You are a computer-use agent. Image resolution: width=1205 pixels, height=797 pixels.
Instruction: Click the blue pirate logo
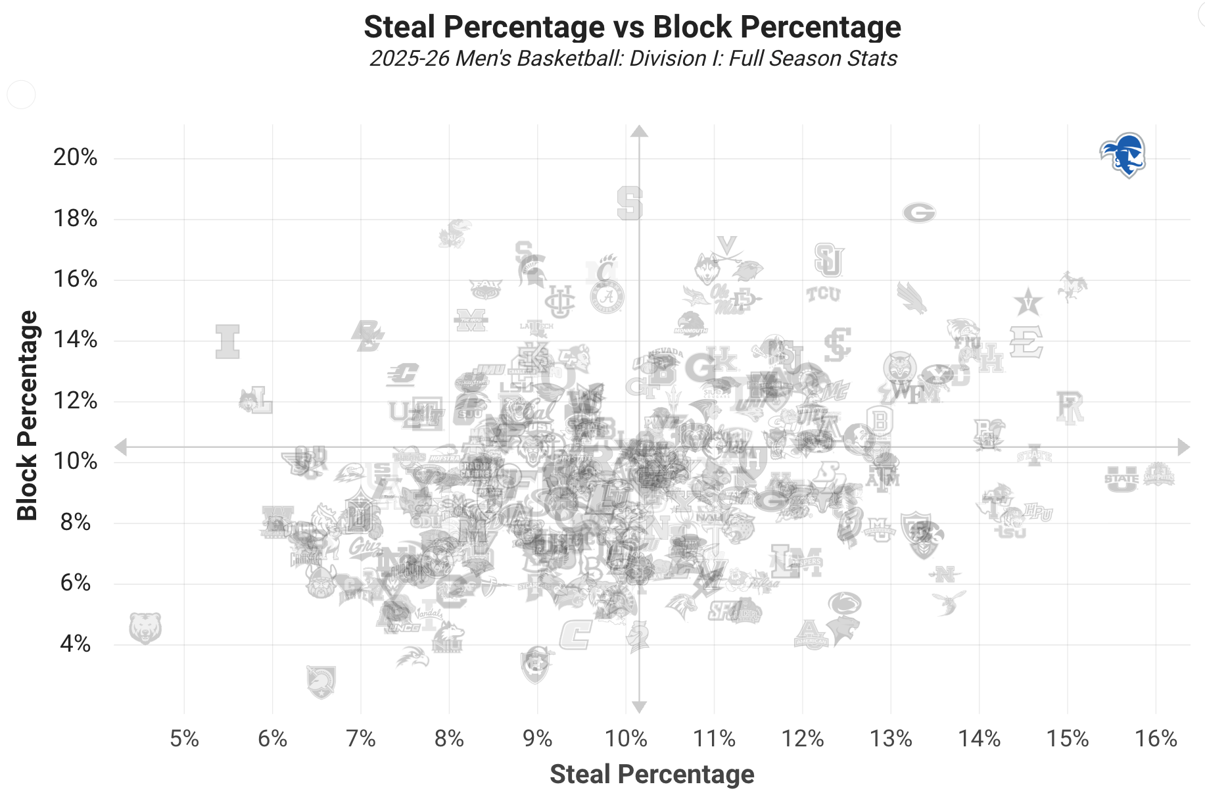point(1123,155)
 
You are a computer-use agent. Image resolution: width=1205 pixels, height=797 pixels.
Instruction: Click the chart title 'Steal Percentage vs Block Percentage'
point(632,27)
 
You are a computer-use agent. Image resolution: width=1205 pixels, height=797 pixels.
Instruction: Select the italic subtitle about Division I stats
point(633,59)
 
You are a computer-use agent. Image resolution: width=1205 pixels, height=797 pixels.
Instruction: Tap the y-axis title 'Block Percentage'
point(28,416)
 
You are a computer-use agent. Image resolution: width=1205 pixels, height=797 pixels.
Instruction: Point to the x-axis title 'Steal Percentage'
point(651,774)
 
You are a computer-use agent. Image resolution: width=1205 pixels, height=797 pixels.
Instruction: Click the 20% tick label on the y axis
point(76,157)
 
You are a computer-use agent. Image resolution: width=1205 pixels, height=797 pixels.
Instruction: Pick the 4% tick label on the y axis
point(76,643)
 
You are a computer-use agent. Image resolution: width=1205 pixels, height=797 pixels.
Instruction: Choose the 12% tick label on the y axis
point(76,400)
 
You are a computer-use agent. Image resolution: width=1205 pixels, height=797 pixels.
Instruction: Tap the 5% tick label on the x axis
point(184,738)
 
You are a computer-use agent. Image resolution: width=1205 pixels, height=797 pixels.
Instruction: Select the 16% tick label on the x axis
point(1156,738)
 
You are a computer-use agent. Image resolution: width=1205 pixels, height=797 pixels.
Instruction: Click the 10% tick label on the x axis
point(626,738)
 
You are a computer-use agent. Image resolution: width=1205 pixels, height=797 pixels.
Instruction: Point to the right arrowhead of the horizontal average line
point(1184,447)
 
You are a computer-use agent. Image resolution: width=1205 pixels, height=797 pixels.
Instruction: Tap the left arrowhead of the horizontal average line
point(121,447)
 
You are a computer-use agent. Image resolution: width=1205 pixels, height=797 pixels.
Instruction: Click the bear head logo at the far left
point(145,628)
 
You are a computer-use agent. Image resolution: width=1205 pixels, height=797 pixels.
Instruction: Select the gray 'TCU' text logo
point(823,294)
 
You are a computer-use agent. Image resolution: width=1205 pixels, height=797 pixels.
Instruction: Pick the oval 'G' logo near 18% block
point(918,212)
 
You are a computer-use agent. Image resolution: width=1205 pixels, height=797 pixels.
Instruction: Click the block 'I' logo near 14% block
point(227,341)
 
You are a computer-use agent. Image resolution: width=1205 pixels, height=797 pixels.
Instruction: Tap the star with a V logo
point(1027,302)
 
